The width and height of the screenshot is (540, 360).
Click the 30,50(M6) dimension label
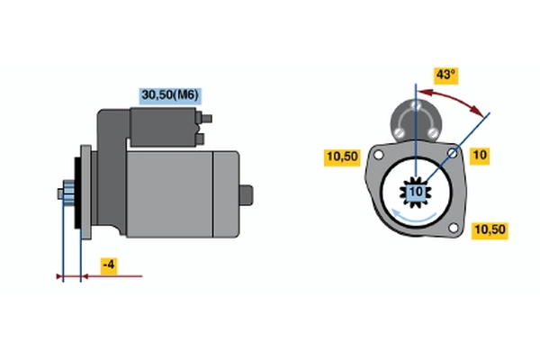[170, 95]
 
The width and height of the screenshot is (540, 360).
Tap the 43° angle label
[446, 75]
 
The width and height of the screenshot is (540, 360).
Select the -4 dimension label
[109, 265]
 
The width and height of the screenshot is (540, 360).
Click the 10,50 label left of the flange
[342, 157]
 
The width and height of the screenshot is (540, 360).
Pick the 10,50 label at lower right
[490, 229]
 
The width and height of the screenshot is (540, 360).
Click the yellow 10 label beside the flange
[480, 156]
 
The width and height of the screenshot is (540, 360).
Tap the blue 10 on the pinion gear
[416, 192]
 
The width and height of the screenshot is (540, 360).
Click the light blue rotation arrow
[413, 217]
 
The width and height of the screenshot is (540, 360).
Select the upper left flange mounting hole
[378, 156]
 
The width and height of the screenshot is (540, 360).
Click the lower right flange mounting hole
[454, 228]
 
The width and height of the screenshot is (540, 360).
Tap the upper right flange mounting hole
[452, 153]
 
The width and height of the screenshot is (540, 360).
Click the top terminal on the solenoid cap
[416, 104]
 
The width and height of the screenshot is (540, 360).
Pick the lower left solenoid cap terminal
[399, 132]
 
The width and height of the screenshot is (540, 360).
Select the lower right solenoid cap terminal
[433, 132]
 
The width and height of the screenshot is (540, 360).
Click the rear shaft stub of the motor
[247, 195]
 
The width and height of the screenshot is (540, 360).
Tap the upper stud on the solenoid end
[206, 119]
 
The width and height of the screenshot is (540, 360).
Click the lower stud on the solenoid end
[200, 139]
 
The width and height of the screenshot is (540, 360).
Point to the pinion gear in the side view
[68, 193]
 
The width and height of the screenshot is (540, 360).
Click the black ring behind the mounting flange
[77, 193]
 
